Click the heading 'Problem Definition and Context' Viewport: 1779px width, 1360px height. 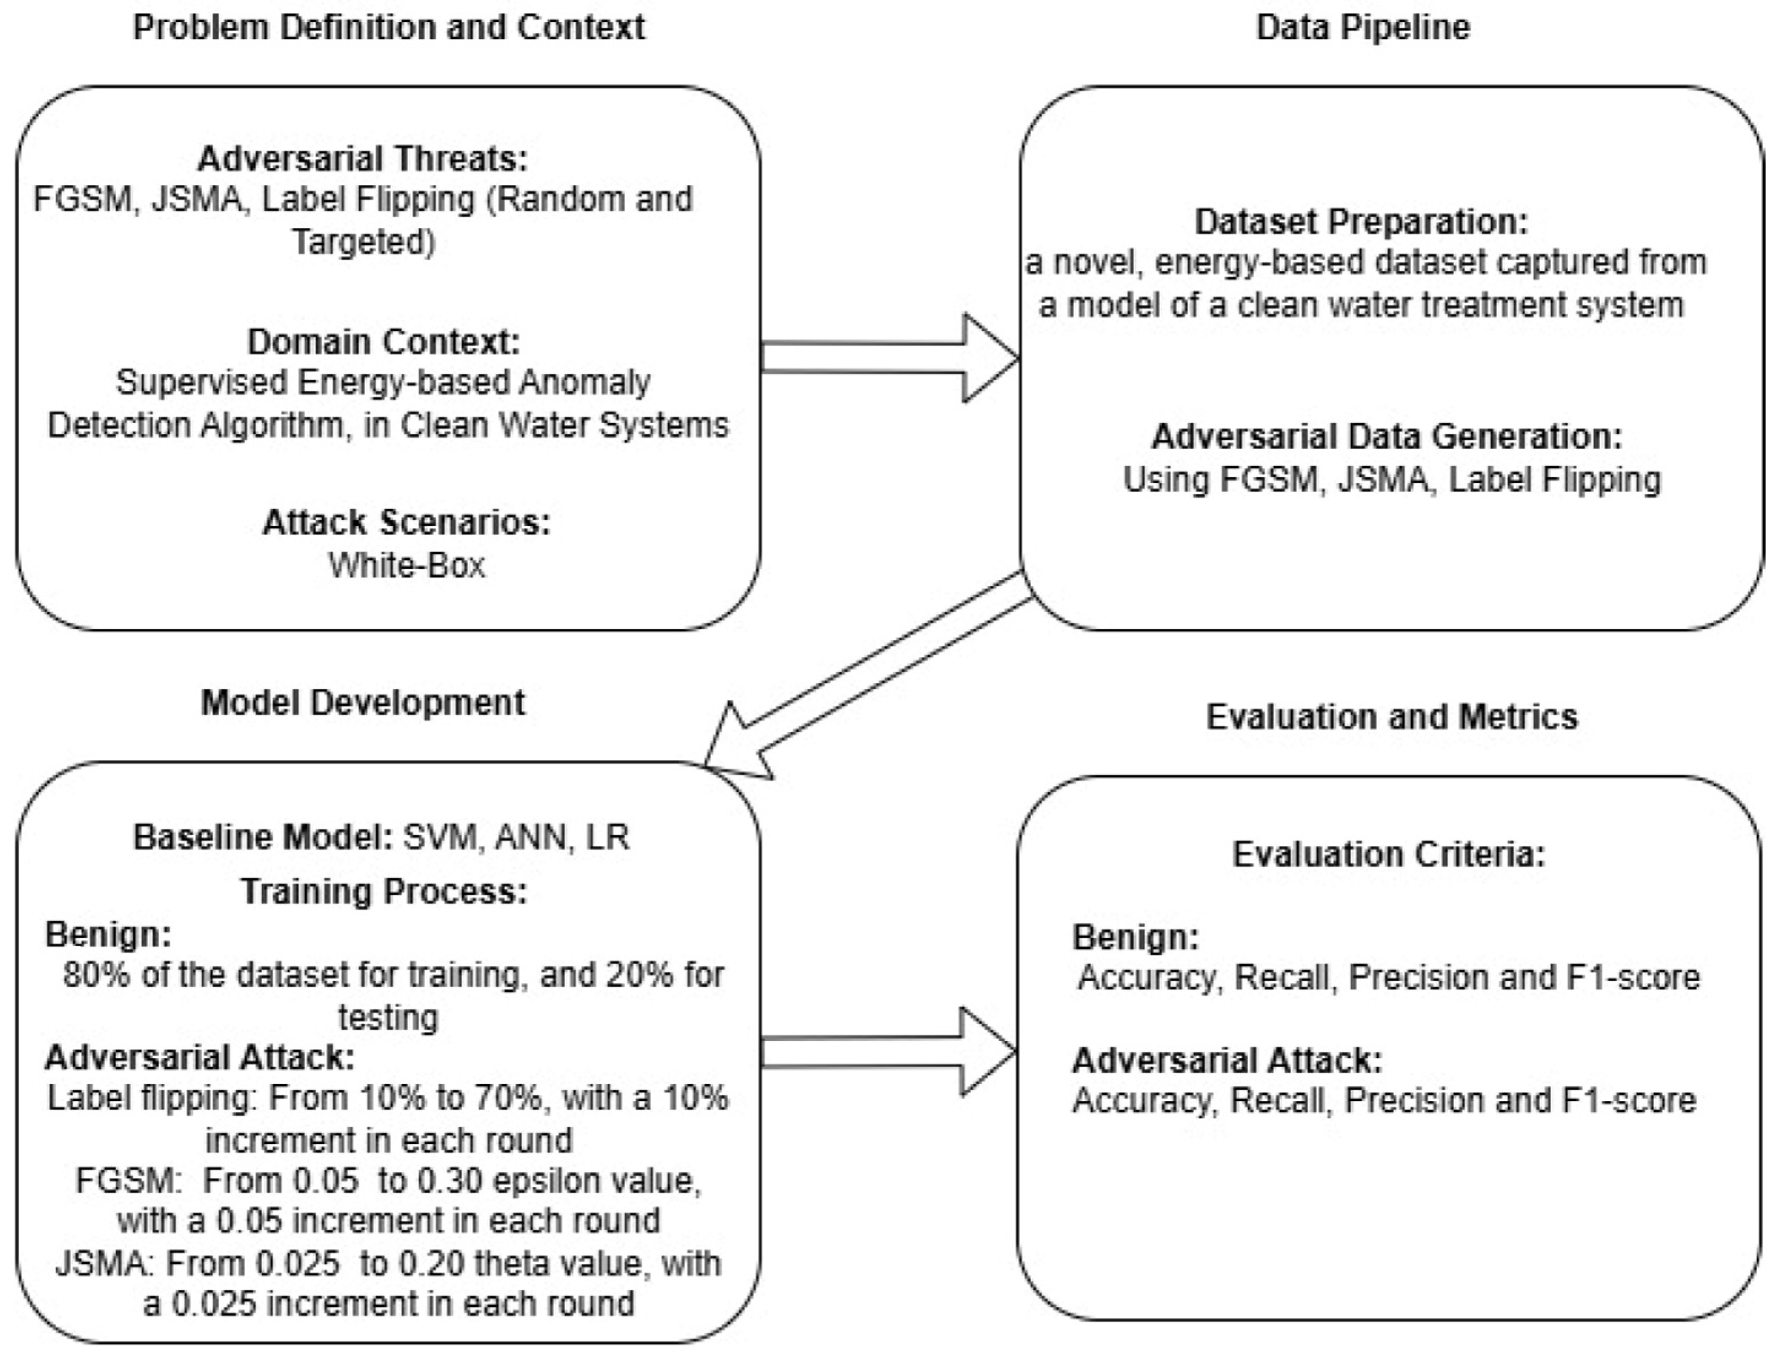(388, 28)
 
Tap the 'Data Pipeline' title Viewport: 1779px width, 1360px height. (1362, 28)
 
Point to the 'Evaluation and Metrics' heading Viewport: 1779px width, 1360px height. (1391, 716)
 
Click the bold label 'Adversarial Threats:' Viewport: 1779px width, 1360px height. (362, 159)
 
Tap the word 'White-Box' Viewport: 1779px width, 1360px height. (406, 565)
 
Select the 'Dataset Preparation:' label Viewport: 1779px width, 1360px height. (1361, 222)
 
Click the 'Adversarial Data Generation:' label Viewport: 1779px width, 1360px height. (1387, 437)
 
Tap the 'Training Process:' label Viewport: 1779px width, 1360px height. (384, 891)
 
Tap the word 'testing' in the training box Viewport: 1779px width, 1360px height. (388, 1017)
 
